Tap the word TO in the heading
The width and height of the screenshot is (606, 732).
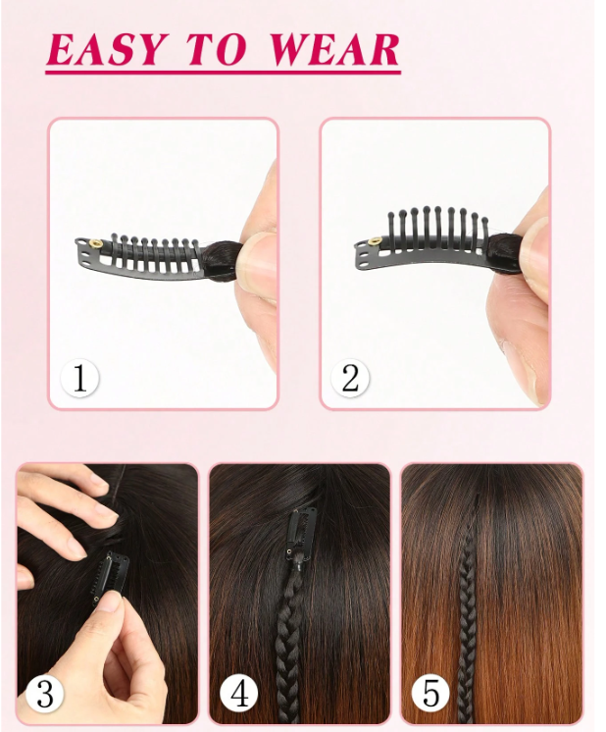[x=217, y=49]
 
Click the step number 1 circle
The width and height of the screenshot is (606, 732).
[x=79, y=378]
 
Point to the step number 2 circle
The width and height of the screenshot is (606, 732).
[x=350, y=378]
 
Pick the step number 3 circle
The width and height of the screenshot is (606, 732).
[x=45, y=694]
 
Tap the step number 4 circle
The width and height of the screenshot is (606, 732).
[x=239, y=694]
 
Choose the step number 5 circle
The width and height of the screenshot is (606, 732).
[x=430, y=694]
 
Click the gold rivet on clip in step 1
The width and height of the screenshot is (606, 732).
[x=96, y=243]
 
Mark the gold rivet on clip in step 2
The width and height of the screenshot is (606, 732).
[x=375, y=240]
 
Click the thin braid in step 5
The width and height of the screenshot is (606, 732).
[x=468, y=606]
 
